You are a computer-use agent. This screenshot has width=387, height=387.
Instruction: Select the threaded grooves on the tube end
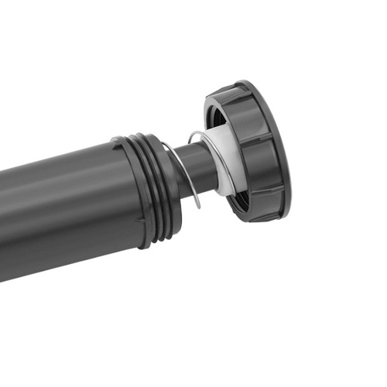click(159, 190)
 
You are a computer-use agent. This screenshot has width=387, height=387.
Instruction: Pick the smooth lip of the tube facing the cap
click(172, 186)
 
